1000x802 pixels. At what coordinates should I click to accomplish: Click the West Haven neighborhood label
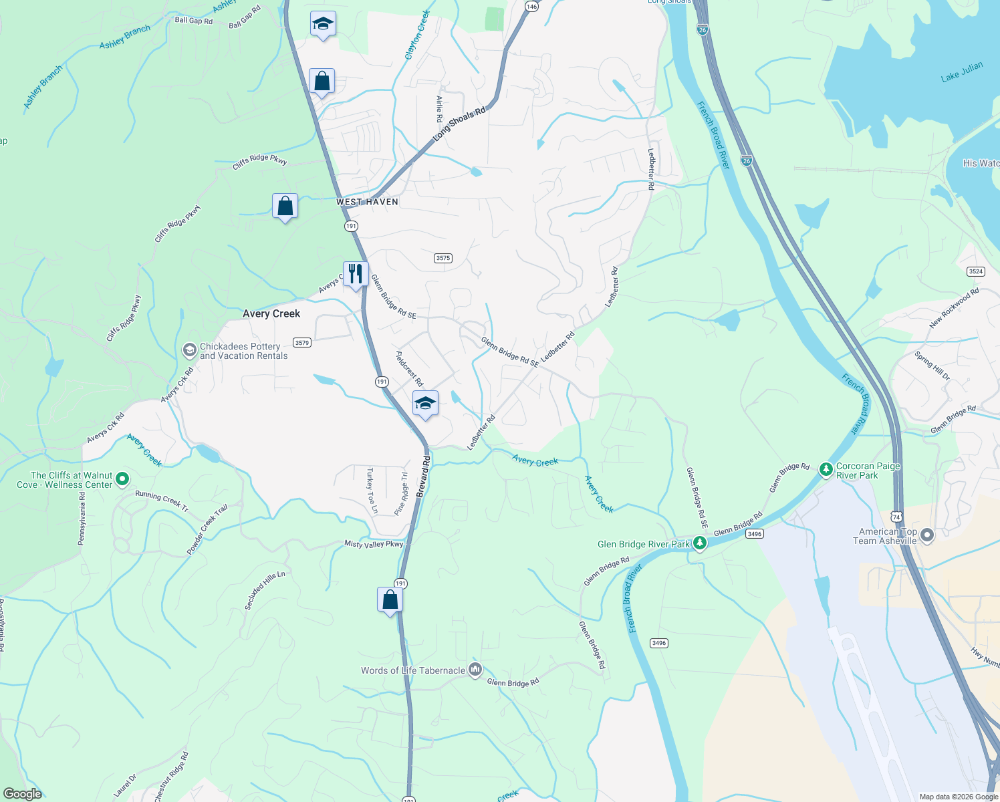[367, 202]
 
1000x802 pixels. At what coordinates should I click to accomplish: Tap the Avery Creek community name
[271, 313]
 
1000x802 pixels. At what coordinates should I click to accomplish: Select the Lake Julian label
[962, 72]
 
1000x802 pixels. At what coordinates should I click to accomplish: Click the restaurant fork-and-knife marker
[356, 273]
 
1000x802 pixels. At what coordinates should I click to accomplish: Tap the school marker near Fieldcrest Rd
[425, 403]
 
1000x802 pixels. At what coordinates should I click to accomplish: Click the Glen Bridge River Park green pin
[700, 543]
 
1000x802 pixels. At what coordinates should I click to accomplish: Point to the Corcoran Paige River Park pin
[826, 469]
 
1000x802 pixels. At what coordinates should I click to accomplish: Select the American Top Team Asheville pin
[926, 535]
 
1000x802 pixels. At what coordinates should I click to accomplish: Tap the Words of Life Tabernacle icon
[475, 669]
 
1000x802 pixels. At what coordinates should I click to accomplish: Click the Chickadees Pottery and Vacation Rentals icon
[189, 350]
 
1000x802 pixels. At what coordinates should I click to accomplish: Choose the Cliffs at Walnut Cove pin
[122, 479]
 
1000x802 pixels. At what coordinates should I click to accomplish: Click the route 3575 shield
[443, 258]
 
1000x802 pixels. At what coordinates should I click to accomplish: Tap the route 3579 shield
[302, 343]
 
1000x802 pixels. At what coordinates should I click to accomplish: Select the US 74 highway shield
[896, 517]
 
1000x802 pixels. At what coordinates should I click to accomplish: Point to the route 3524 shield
[976, 271]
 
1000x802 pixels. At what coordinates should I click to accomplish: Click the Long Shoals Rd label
[459, 124]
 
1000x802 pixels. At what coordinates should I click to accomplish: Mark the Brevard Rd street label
[422, 477]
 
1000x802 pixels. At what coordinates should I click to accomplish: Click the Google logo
[23, 794]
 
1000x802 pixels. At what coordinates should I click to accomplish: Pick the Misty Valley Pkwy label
[374, 544]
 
